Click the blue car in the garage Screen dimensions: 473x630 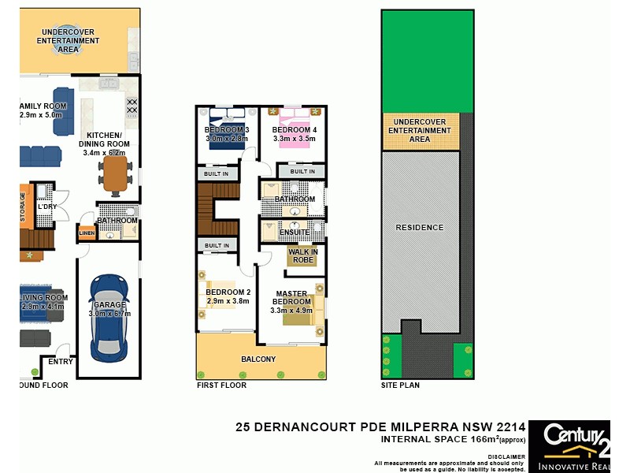point(107,315)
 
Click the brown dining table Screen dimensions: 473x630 point(115,175)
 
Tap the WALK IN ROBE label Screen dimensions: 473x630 point(302,255)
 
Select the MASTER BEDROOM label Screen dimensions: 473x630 point(291,298)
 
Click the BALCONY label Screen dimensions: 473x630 point(259,359)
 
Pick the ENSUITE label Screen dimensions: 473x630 point(294,232)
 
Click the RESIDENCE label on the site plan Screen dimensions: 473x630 point(420,228)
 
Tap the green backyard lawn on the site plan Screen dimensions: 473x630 point(427,59)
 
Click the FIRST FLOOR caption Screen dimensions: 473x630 point(221,385)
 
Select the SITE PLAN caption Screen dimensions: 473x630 point(400,385)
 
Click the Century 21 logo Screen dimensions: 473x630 point(568,446)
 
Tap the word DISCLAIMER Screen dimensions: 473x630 point(506,456)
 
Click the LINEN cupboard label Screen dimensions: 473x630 point(86,233)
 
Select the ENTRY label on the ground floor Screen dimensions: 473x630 point(60,362)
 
